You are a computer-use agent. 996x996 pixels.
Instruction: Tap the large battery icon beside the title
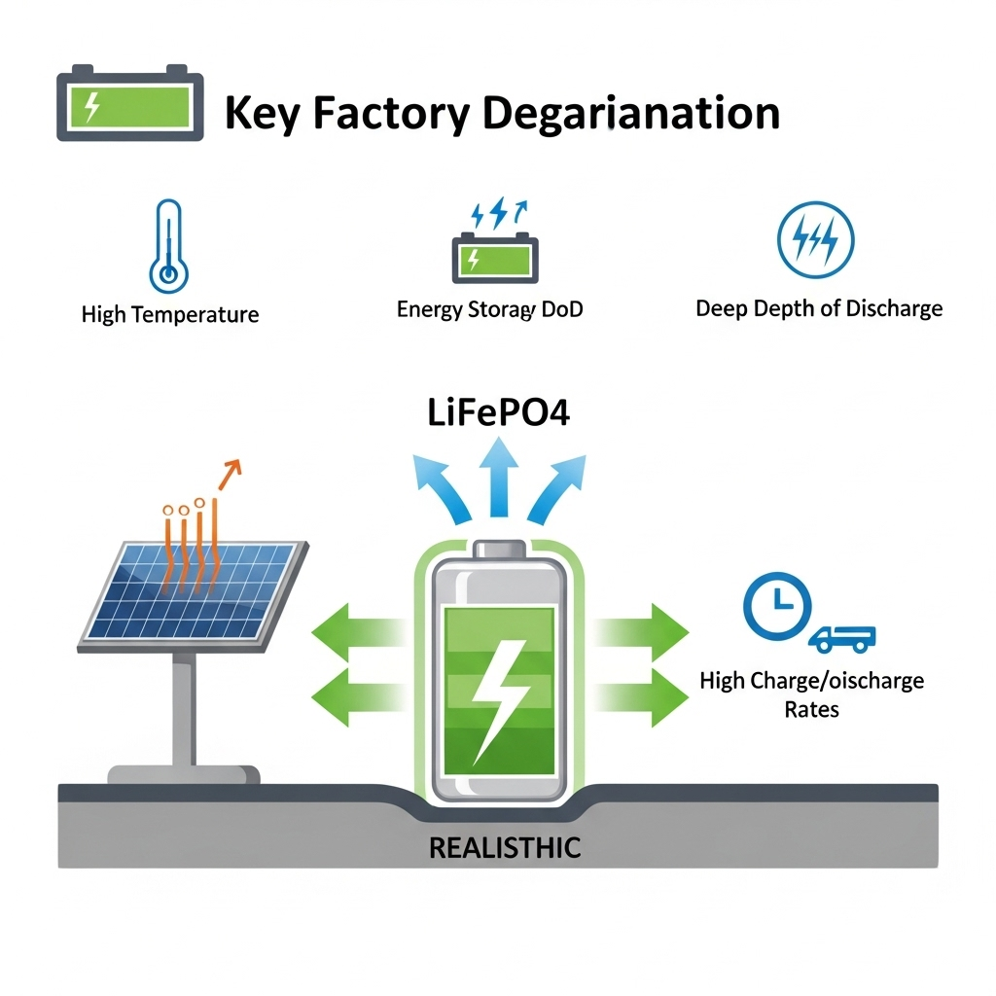tap(130, 102)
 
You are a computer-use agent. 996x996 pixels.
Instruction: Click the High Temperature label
tap(170, 315)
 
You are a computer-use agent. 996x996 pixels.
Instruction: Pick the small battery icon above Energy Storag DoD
tap(494, 257)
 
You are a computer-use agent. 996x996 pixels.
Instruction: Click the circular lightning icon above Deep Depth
tap(816, 240)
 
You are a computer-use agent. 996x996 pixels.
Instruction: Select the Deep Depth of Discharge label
tap(819, 309)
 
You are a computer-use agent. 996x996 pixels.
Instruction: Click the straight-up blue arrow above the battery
tap(497, 478)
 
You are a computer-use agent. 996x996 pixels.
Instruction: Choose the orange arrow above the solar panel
tap(229, 474)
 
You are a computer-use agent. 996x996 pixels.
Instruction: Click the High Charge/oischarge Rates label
tap(811, 694)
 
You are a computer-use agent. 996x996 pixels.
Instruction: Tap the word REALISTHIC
tap(504, 847)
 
